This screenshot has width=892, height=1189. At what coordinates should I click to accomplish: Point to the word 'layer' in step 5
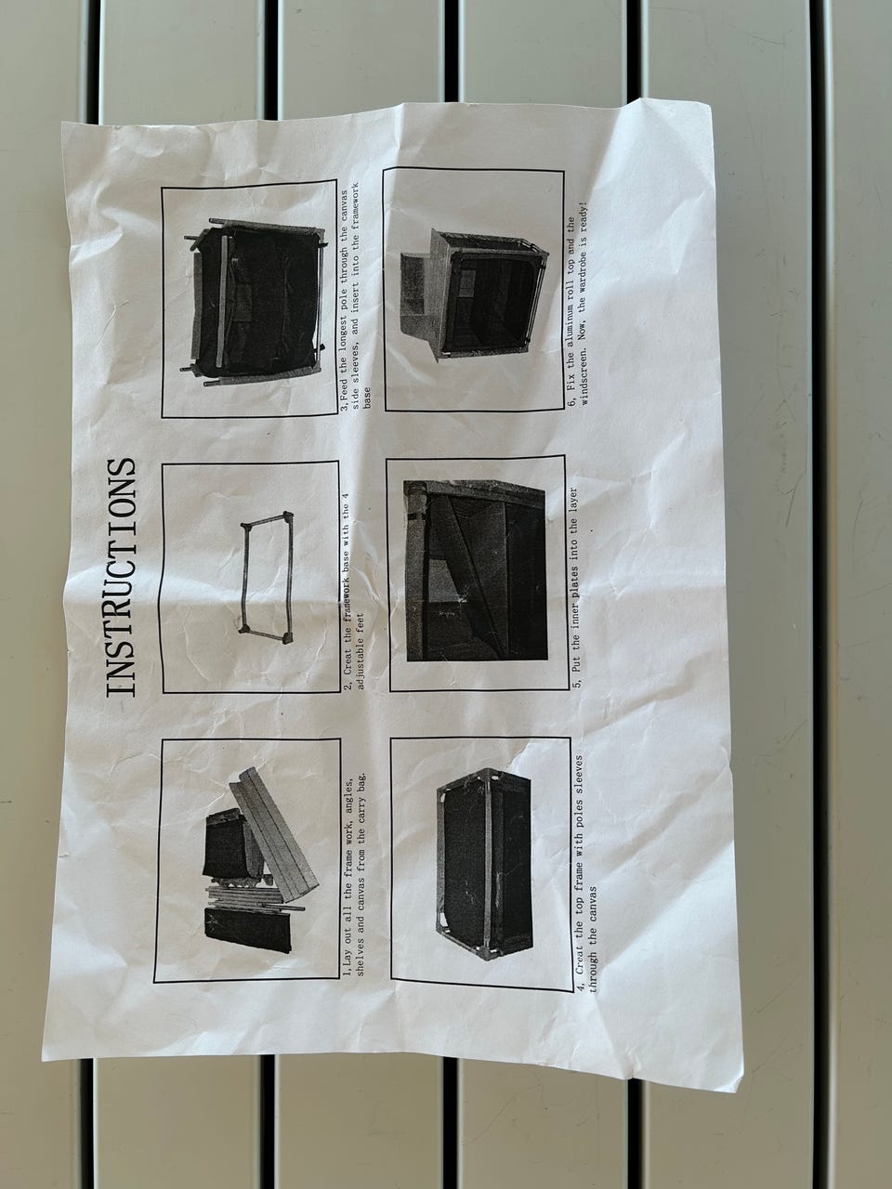point(577,503)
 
